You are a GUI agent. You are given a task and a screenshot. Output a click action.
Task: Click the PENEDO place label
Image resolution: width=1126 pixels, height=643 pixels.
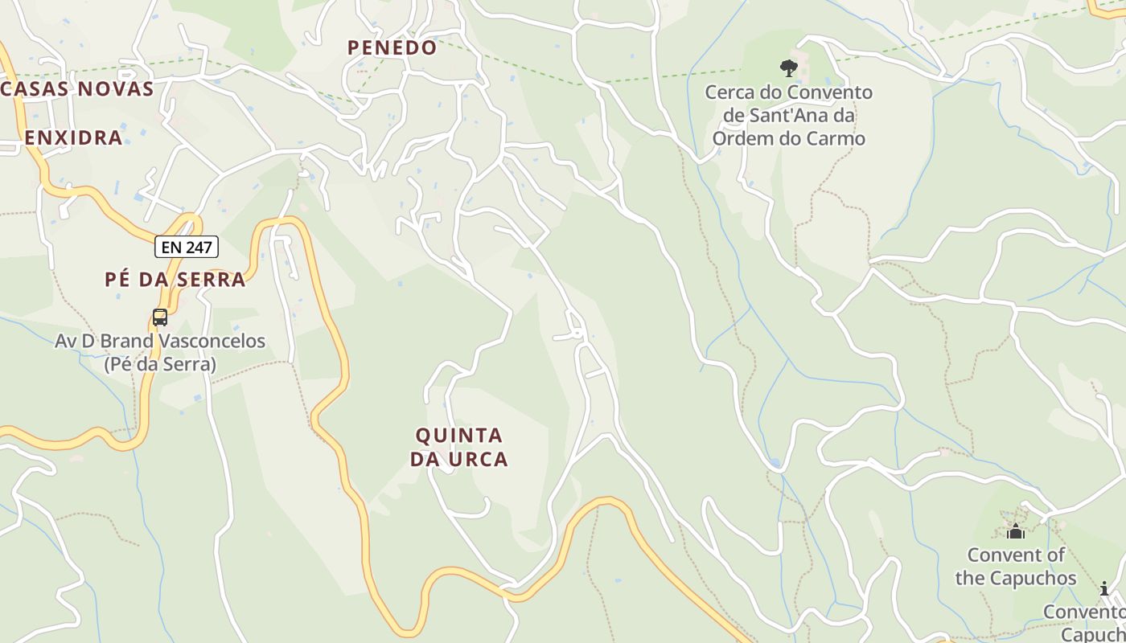[392, 47]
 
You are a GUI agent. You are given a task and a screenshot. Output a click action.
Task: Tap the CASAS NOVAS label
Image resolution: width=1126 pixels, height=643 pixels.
[77, 89]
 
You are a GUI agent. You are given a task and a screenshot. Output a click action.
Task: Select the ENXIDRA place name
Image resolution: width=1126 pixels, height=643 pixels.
[73, 137]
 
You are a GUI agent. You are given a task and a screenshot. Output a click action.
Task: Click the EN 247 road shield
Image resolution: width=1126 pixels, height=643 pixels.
[187, 248]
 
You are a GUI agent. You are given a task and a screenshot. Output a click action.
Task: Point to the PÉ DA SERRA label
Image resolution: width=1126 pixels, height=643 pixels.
[175, 280]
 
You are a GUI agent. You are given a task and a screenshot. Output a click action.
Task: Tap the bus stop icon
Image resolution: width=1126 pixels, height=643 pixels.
[160, 317]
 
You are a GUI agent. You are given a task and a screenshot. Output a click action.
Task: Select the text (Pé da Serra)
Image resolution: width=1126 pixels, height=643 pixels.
[160, 364]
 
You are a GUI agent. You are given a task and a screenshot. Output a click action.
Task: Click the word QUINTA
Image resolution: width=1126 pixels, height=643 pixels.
[459, 436]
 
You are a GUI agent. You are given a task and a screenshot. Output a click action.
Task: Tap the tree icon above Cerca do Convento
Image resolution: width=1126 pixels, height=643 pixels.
[788, 68]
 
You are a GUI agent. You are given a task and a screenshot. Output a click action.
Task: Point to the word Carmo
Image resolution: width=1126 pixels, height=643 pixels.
[839, 139]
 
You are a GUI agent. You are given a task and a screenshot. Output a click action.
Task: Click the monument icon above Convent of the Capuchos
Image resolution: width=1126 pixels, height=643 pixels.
[1016, 531]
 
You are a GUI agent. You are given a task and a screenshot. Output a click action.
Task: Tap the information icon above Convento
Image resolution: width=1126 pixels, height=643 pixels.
[1104, 588]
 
